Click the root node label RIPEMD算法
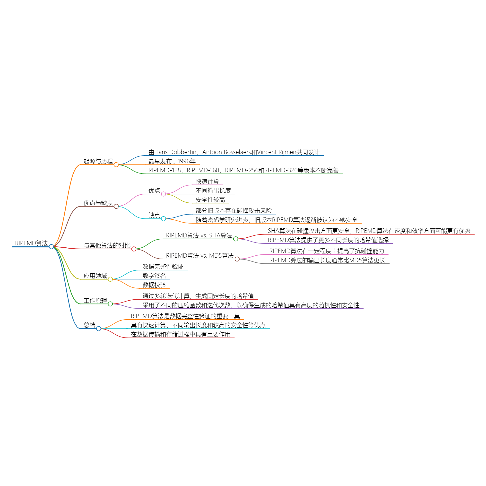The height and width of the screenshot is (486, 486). pyautogui.click(x=31, y=243)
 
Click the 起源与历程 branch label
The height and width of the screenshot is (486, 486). pyautogui.click(x=98, y=161)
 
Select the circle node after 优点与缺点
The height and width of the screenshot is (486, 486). pyautogui.click(x=116, y=207)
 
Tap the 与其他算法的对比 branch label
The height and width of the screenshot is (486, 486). pyautogui.click(x=107, y=245)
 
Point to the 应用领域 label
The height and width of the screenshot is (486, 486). pyautogui.click(x=95, y=276)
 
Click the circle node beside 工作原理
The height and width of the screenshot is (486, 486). pyautogui.click(x=110, y=304)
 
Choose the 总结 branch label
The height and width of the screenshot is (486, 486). pyautogui.click(x=90, y=325)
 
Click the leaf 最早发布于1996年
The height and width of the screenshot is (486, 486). pyautogui.click(x=172, y=161)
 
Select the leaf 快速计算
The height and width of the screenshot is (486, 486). pyautogui.click(x=208, y=181)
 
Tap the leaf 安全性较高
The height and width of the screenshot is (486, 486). pyautogui.click(x=210, y=200)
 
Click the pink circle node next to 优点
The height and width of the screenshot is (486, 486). pyautogui.click(x=164, y=194)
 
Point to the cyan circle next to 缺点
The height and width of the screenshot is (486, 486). pyautogui.click(x=164, y=219)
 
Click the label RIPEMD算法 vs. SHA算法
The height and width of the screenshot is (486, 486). pyautogui.click(x=199, y=235)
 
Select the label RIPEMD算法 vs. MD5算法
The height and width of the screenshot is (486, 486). pyautogui.click(x=200, y=256)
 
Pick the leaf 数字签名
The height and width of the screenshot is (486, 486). pyautogui.click(x=154, y=276)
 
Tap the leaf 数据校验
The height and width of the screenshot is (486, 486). pyautogui.click(x=154, y=285)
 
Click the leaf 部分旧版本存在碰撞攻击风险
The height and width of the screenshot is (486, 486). pyautogui.click(x=234, y=210)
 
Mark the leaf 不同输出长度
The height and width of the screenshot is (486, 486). pyautogui.click(x=213, y=191)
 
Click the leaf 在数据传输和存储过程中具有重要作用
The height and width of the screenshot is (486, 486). pyautogui.click(x=181, y=334)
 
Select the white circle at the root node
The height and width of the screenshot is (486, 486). pyautogui.click(x=51, y=246)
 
